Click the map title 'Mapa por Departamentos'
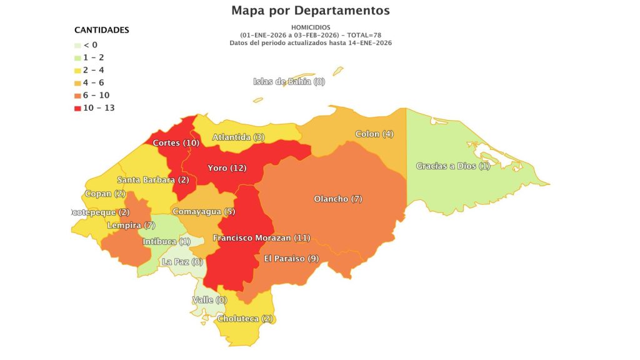311,11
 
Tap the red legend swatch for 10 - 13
77,108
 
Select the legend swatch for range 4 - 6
77,82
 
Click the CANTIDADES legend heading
102,30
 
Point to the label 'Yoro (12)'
227,168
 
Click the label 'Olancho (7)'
338,199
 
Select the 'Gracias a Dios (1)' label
453,166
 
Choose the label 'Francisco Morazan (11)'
261,237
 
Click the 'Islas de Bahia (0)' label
289,81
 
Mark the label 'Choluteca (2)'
246,319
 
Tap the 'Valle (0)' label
209,300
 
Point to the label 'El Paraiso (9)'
291,258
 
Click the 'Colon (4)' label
374,134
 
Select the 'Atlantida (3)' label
239,137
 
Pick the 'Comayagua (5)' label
204,211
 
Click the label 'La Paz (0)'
182,262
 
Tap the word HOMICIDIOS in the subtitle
311,27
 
